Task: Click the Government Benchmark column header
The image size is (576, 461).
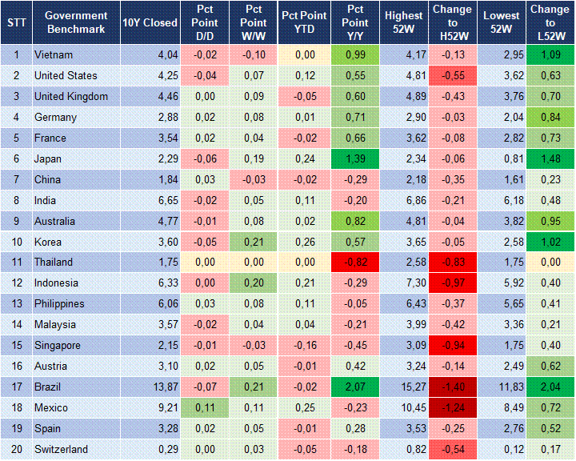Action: pyautogui.click(x=76, y=22)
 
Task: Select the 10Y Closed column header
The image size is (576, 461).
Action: pyautogui.click(x=150, y=22)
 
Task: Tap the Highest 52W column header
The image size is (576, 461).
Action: pyautogui.click(x=403, y=22)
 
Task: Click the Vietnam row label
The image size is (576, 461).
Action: pyautogui.click(x=54, y=55)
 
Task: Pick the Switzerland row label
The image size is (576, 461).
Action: pyautogui.click(x=61, y=450)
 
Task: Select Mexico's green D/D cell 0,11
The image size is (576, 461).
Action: pyautogui.click(x=205, y=408)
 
